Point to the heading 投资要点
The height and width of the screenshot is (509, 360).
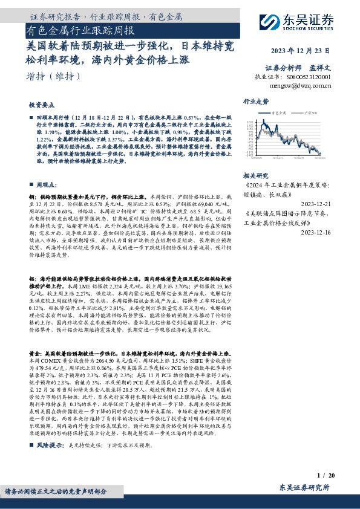pyautogui.click(x=41, y=103)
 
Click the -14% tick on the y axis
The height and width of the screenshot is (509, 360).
pyautogui.click(x=249, y=155)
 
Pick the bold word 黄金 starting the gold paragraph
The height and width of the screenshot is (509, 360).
pyautogui.click(x=34, y=352)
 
